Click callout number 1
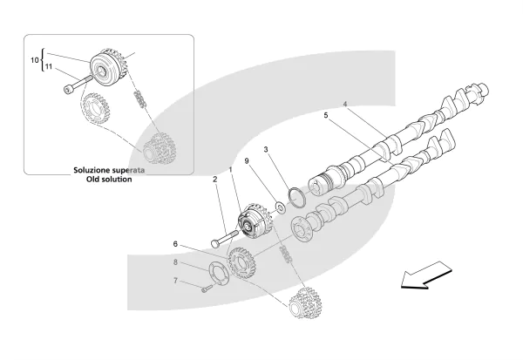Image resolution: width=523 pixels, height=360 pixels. (x=231, y=169)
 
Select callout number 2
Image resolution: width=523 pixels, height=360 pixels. (x=214, y=180)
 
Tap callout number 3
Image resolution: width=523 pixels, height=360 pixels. (x=267, y=150)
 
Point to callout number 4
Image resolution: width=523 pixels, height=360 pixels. (x=344, y=106)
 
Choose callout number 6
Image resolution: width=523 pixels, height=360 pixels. (x=174, y=244)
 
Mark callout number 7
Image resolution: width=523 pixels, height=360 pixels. (x=174, y=281)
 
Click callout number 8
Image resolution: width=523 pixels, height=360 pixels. (x=174, y=262)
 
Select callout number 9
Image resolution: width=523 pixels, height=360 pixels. (x=247, y=161)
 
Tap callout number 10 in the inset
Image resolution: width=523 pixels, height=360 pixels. (x=36, y=60)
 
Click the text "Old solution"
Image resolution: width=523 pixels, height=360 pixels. (x=102, y=180)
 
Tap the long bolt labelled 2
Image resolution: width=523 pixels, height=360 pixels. (x=223, y=236)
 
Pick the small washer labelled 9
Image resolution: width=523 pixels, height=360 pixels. (x=278, y=207)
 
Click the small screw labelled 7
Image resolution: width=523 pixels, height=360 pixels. (x=207, y=289)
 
